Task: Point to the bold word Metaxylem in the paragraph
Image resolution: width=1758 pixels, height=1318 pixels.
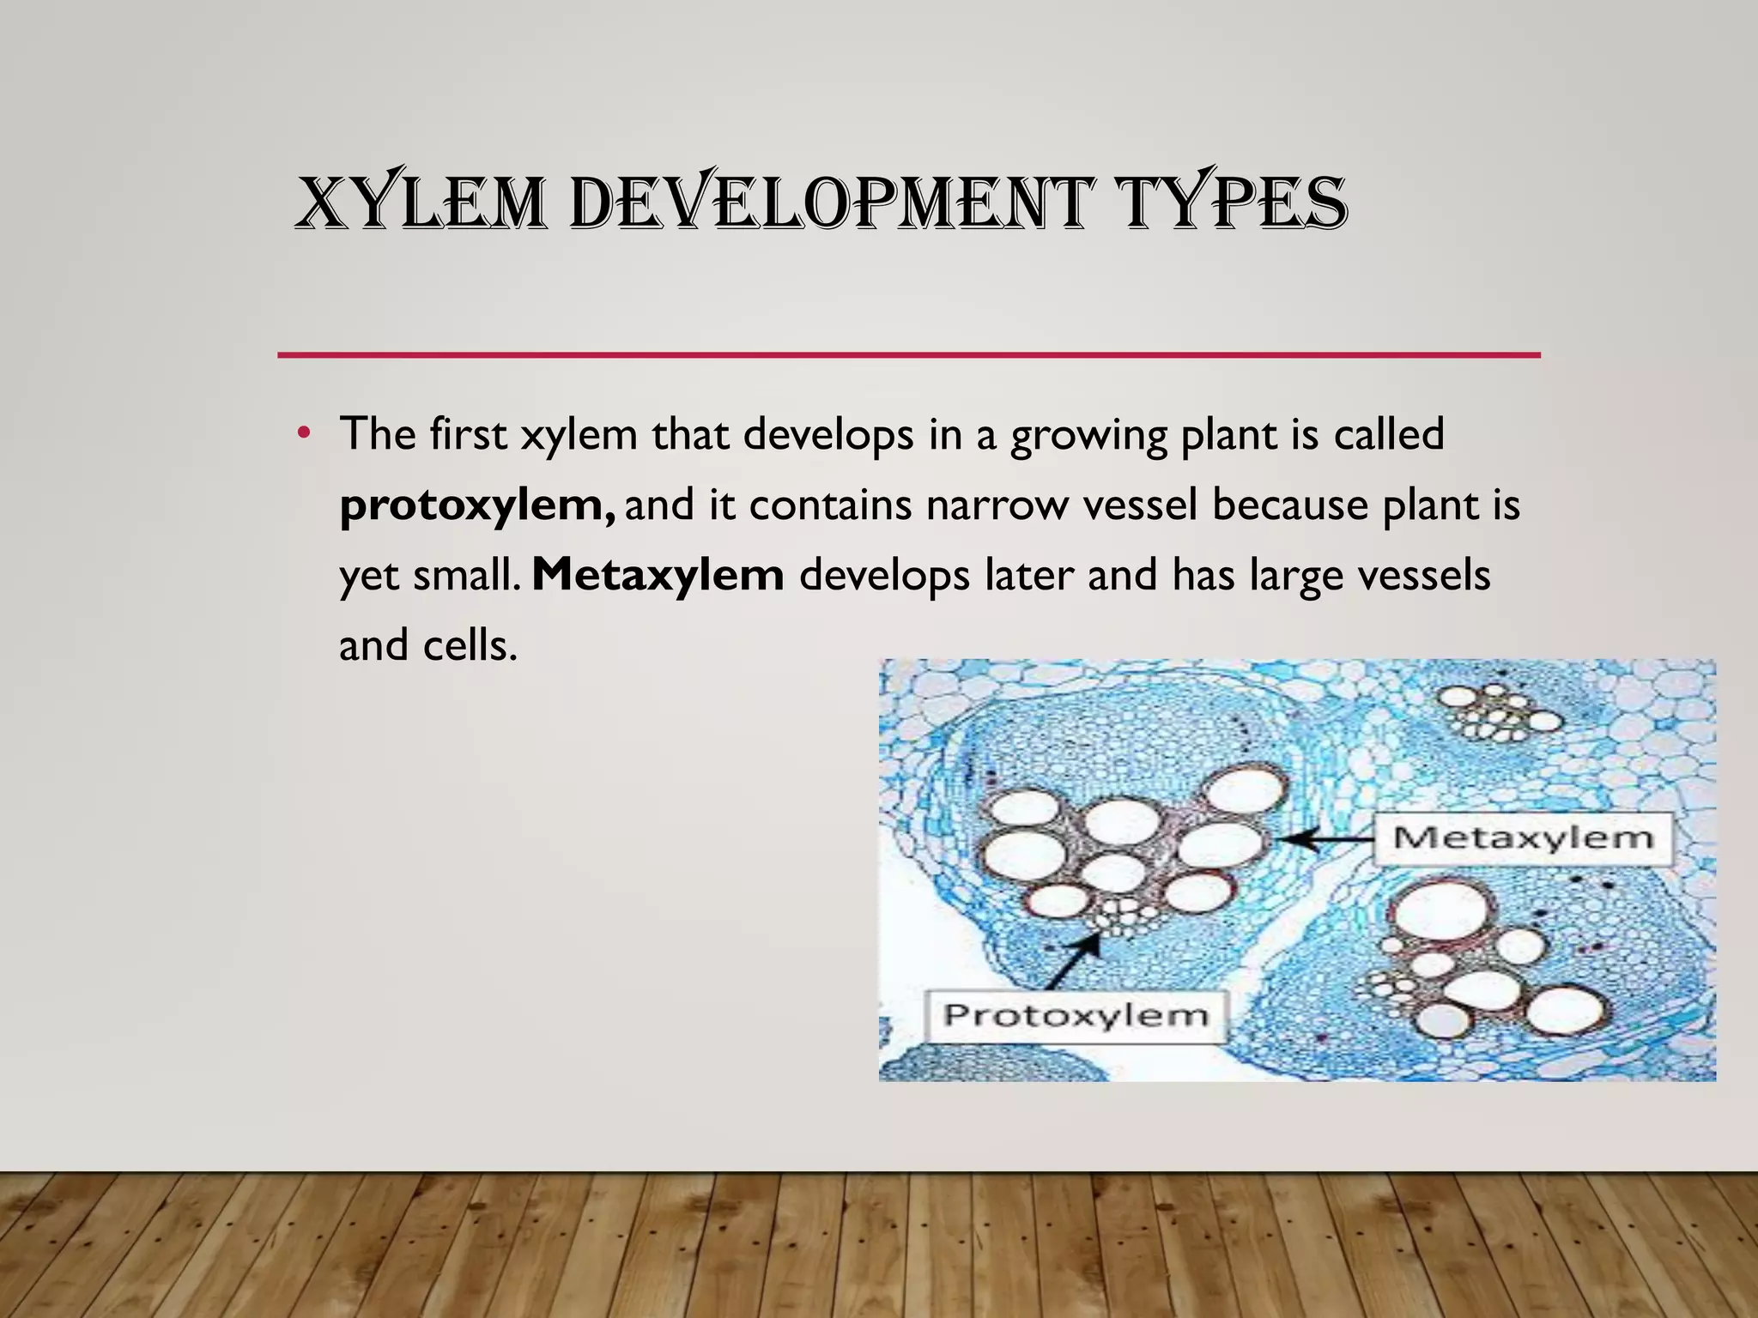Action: [658, 575]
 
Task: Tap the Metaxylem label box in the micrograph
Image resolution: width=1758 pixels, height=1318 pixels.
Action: [1523, 837]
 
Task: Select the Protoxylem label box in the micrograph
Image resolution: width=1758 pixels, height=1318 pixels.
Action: [1076, 1016]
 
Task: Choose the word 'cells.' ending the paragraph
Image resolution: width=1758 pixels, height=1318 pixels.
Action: [471, 645]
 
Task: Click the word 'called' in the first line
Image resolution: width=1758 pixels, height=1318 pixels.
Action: [1389, 434]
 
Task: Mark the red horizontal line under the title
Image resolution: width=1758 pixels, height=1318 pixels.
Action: [908, 354]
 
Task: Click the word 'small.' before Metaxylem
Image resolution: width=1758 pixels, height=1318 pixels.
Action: [467, 575]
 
